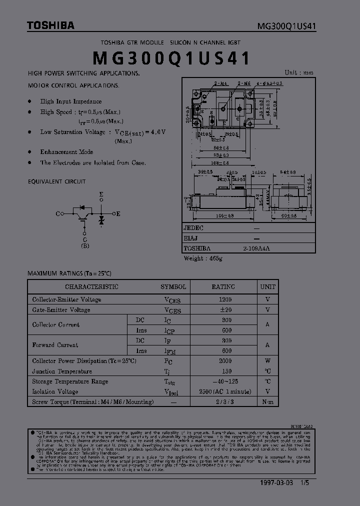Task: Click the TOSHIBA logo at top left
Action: click(x=50, y=25)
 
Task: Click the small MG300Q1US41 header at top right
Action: click(x=286, y=26)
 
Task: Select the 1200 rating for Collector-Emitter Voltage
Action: click(x=225, y=299)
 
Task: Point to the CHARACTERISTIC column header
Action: click(x=91, y=287)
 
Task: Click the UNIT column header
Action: click(x=268, y=287)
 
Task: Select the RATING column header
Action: click(x=223, y=287)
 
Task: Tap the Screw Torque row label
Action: click(x=84, y=402)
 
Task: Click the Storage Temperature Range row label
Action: click(x=70, y=381)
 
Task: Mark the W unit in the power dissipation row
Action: click(x=268, y=361)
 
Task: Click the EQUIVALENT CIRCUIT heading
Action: click(x=57, y=181)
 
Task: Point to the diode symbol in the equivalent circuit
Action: click(x=101, y=219)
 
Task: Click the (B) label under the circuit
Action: click(x=85, y=245)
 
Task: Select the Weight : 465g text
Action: click(x=203, y=258)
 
